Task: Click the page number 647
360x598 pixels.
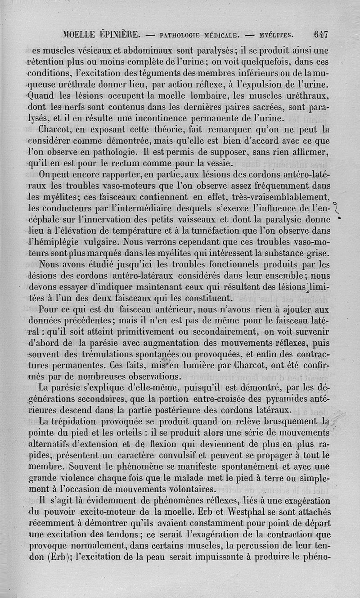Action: pos(321,33)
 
